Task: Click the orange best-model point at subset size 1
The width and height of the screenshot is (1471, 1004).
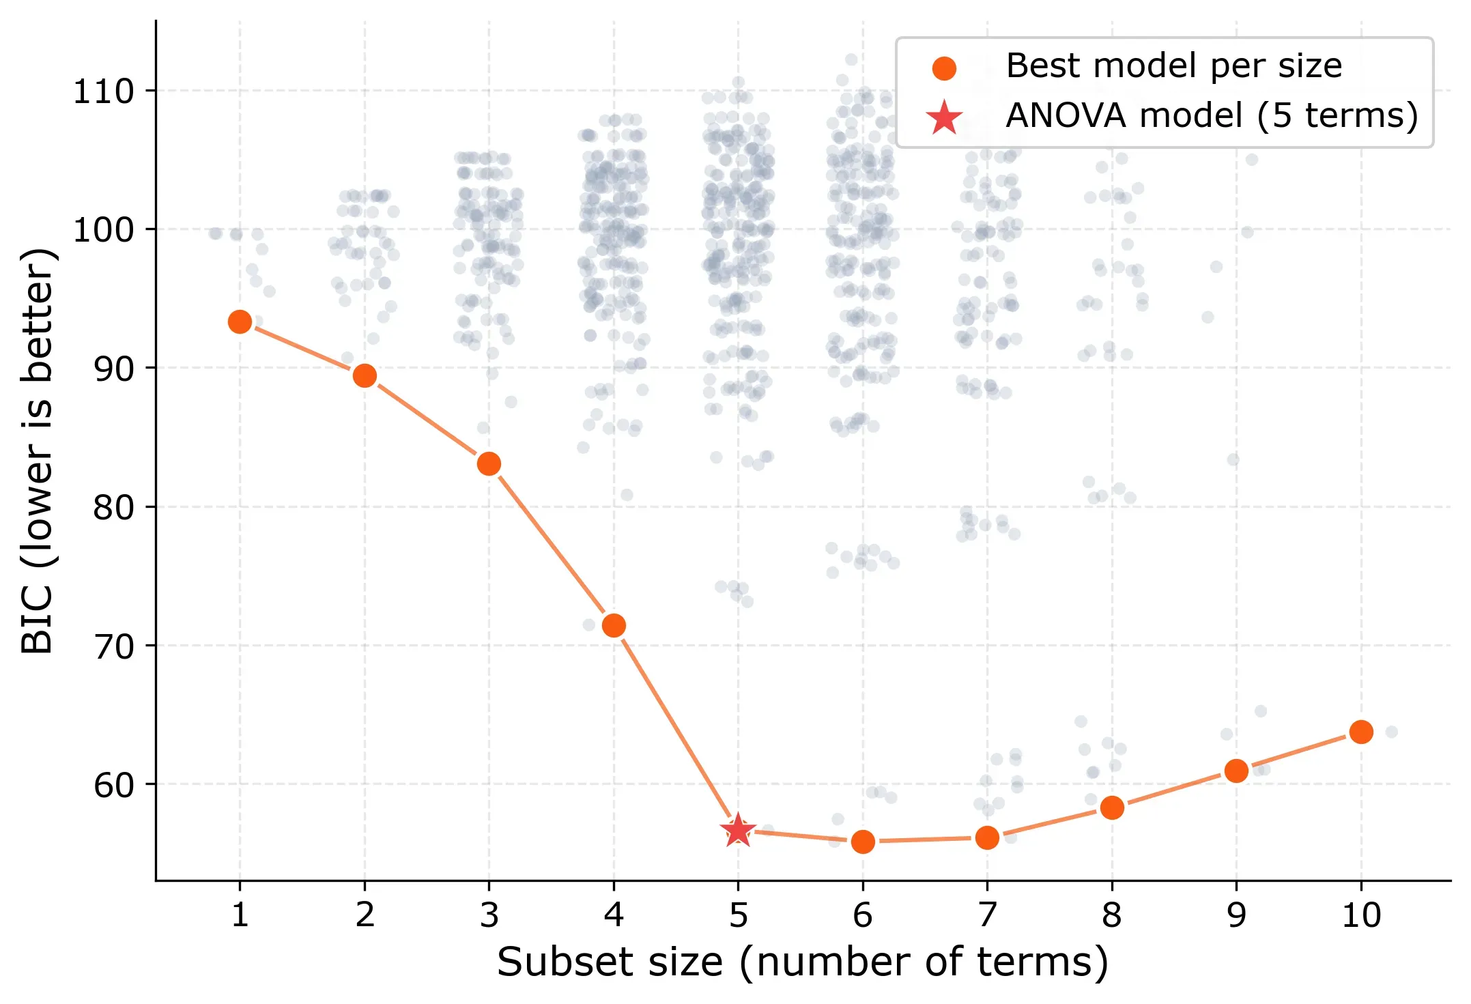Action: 240,321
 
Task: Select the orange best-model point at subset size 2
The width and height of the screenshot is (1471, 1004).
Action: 365,375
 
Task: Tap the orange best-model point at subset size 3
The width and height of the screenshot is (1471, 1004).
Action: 489,464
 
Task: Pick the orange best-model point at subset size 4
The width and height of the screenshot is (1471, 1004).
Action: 614,625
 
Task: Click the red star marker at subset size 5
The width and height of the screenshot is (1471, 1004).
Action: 738,831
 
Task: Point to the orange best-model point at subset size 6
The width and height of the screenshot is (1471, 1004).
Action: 863,842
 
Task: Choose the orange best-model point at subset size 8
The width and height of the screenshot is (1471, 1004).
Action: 1112,807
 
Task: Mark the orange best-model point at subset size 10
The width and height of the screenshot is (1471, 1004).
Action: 1361,732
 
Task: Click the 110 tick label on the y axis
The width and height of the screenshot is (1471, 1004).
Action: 104,91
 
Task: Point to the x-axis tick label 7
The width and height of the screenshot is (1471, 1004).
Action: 987,915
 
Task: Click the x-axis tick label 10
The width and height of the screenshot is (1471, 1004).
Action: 1361,915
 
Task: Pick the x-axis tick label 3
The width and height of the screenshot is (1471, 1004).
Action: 489,915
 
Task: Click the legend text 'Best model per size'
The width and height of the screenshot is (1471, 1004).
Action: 1173,66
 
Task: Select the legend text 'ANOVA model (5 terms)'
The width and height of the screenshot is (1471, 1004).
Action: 1212,115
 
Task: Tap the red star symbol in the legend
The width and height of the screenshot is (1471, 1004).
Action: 944,117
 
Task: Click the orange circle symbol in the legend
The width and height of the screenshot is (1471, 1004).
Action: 944,68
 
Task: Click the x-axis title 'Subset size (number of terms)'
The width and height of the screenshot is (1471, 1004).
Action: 803,962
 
